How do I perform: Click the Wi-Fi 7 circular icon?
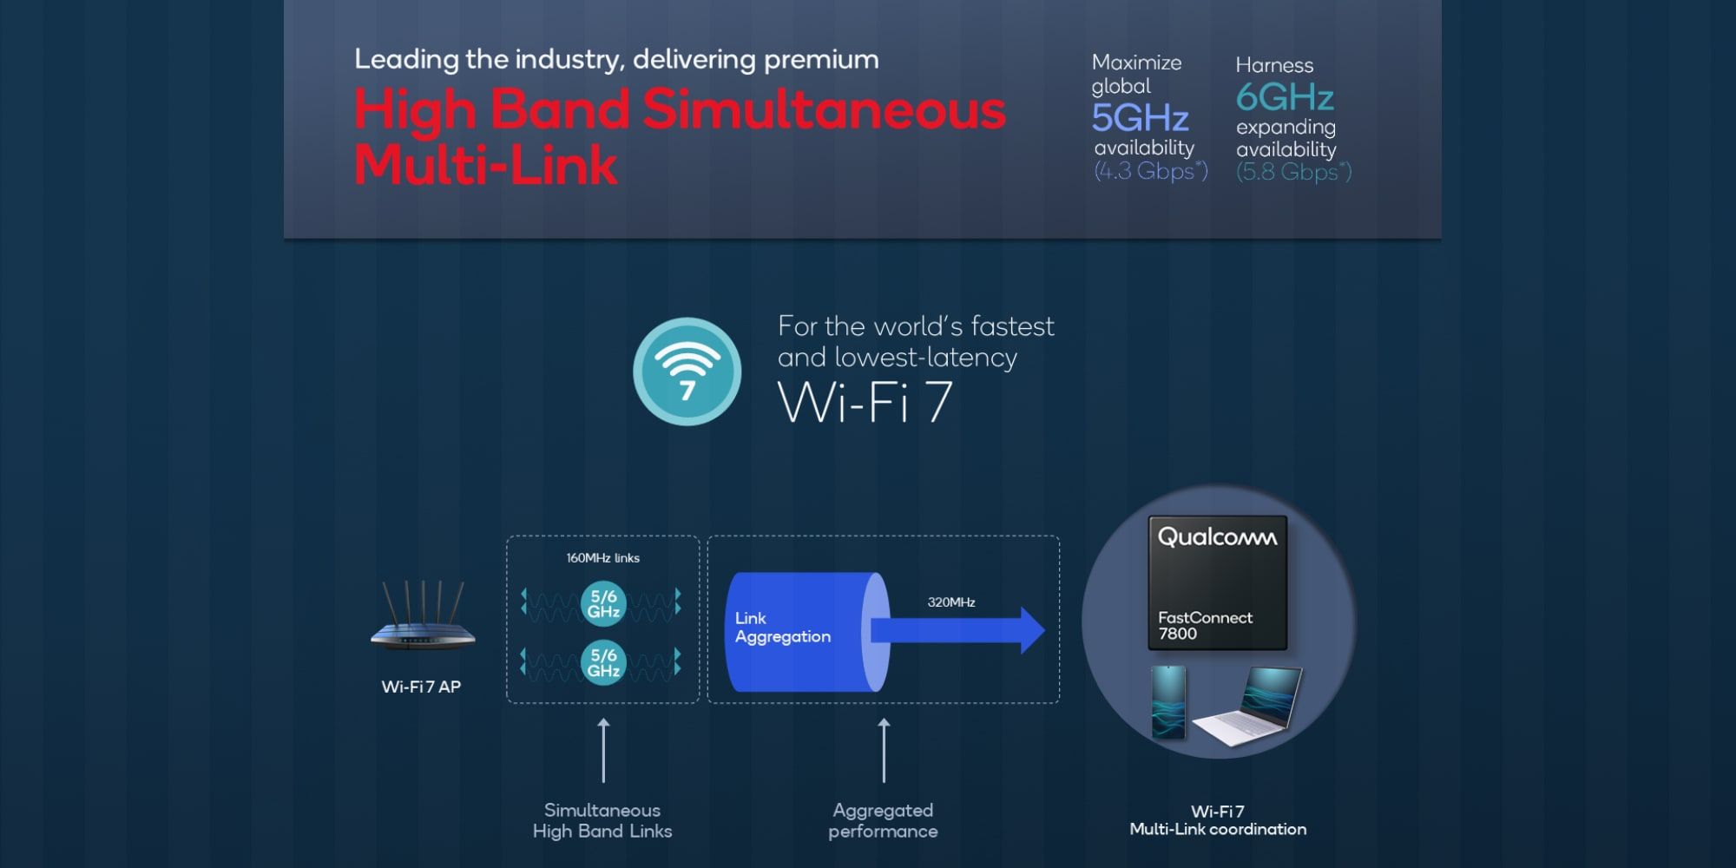pyautogui.click(x=687, y=372)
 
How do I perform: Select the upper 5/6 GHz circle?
pyautogui.click(x=603, y=603)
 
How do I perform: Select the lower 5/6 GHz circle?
pyautogui.click(x=603, y=662)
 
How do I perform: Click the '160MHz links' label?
pyautogui.click(x=602, y=558)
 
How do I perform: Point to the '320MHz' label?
pyautogui.click(x=951, y=602)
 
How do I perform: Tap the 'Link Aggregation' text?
pyautogui.click(x=782, y=628)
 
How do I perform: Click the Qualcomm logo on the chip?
pyautogui.click(x=1217, y=538)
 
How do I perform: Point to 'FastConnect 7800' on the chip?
pyautogui.click(x=1205, y=625)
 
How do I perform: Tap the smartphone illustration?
pyautogui.click(x=1168, y=702)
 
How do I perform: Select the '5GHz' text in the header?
pyautogui.click(x=1140, y=117)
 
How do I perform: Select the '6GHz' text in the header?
pyautogui.click(x=1285, y=97)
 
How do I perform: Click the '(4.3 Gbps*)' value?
pyautogui.click(x=1151, y=171)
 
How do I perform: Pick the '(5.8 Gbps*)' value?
pyautogui.click(x=1294, y=172)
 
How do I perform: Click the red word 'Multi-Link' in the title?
pyautogui.click(x=486, y=164)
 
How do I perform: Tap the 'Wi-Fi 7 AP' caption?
pyautogui.click(x=421, y=687)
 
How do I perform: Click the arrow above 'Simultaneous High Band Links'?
pyautogui.click(x=603, y=751)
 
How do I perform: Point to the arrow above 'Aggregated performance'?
pyautogui.click(x=884, y=751)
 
